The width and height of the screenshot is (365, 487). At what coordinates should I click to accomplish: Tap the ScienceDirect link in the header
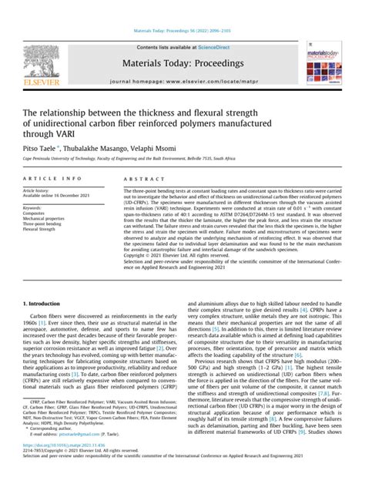pyautogui.click(x=218, y=48)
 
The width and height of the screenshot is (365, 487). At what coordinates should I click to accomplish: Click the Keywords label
pyautogui.click(x=33, y=207)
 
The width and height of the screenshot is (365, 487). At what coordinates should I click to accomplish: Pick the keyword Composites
pyautogui.click(x=36, y=213)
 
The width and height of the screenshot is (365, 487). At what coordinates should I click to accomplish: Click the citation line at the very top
pyautogui.click(x=182, y=31)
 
